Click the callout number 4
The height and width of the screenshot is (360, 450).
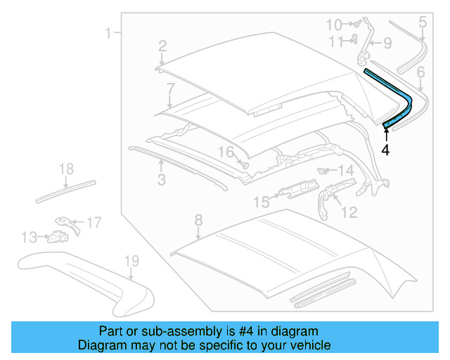[385, 149]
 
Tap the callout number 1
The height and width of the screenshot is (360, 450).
[108, 32]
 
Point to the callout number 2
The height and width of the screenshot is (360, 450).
[162, 46]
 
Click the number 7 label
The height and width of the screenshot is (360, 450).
[170, 88]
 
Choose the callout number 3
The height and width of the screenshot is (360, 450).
[161, 181]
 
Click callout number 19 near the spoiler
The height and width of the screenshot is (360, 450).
[131, 262]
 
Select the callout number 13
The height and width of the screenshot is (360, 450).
[29, 237]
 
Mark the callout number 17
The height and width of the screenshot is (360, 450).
[94, 223]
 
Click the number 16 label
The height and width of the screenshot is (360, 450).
[224, 151]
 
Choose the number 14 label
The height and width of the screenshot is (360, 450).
[347, 170]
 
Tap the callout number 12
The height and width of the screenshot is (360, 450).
[349, 211]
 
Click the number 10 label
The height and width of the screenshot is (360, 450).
[334, 25]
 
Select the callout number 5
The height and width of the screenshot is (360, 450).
[422, 22]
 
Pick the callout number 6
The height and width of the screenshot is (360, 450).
[420, 71]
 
